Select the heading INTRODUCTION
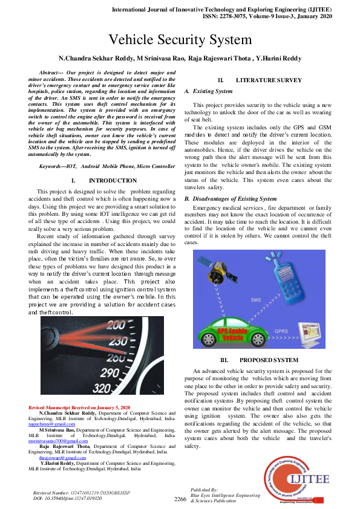(113, 181)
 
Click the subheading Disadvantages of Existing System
(234, 199)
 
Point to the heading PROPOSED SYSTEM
(268, 360)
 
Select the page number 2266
(180, 499)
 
